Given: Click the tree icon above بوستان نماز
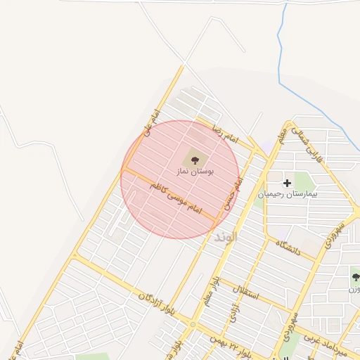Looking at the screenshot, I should click(195, 160).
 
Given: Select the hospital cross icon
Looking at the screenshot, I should click(287, 183).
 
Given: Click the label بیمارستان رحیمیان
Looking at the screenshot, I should click(288, 193).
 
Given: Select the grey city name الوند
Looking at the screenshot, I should click(226, 236).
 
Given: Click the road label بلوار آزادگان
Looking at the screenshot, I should click(155, 301).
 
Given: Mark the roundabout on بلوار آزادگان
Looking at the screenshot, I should click(193, 325).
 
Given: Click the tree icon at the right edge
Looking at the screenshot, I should click(355, 277).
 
